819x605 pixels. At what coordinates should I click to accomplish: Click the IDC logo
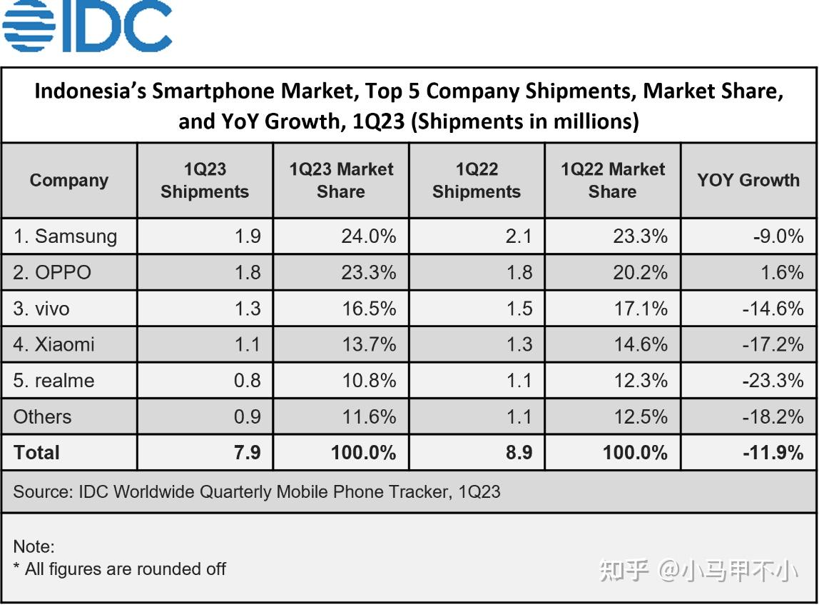(87, 26)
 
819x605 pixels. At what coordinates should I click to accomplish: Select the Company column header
(68, 180)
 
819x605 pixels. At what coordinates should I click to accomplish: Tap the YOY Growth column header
(748, 180)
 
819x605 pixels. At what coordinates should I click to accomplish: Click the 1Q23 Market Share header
(341, 180)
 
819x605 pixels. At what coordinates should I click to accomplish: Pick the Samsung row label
(65, 236)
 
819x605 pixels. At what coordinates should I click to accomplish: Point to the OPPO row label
(52, 272)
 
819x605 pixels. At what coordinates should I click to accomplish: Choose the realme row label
(54, 381)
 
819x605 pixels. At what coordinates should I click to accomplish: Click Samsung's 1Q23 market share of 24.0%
(368, 236)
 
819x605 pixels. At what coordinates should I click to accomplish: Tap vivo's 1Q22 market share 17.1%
(640, 309)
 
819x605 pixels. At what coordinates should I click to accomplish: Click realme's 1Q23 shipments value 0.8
(247, 381)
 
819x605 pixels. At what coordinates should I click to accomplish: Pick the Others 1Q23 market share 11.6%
(368, 416)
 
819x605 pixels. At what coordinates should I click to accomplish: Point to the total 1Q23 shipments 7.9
(247, 453)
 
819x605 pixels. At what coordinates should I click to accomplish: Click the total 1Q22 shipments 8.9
(519, 453)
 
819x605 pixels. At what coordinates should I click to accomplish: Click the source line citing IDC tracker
(257, 491)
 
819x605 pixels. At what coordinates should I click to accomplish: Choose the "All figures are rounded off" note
(126, 569)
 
